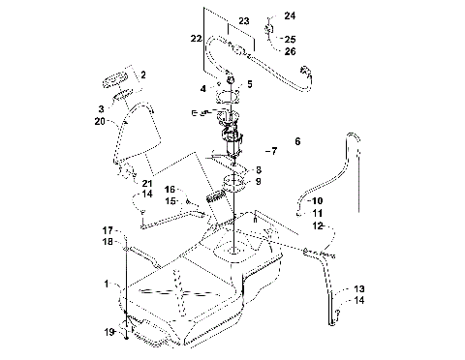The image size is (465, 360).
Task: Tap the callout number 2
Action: tap(142, 75)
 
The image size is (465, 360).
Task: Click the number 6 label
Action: tap(297, 141)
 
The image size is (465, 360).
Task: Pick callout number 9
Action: tap(258, 180)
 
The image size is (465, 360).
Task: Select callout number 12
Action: tap(317, 225)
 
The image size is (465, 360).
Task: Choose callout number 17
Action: tap(108, 228)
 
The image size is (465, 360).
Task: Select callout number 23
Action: tap(243, 20)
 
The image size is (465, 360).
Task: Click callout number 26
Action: tap(289, 51)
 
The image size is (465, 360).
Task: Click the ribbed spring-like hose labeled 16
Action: tap(218, 202)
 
